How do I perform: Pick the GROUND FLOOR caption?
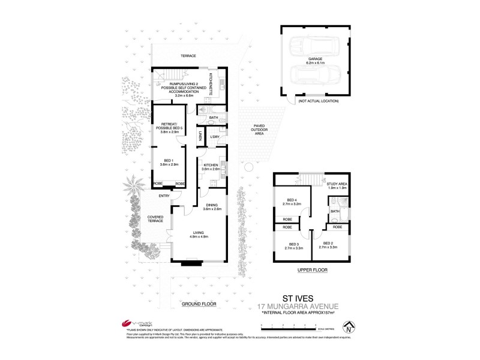click(199, 304)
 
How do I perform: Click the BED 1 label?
click(168, 161)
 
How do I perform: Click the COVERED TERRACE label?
click(155, 219)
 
